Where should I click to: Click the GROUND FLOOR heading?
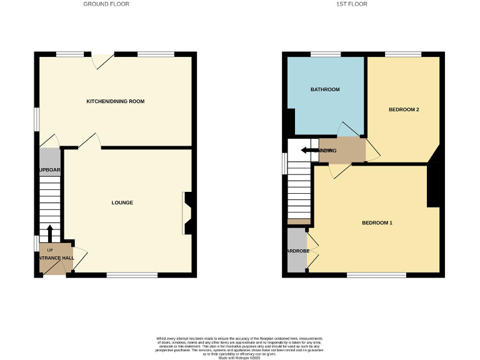107,4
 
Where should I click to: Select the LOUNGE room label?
122,202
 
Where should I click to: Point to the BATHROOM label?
325,89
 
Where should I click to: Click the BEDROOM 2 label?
404,109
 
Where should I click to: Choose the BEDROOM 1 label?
377,223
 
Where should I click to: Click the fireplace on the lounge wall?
187,213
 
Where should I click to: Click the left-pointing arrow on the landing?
308,150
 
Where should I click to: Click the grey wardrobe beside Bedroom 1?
297,251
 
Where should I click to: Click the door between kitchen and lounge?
90,142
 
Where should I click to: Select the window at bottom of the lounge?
132,275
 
